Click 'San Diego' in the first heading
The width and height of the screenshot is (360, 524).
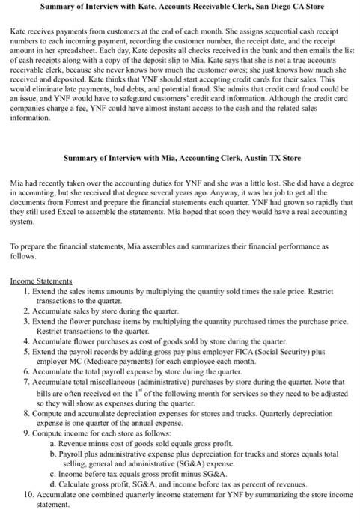pos(267,7)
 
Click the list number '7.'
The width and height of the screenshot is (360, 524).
pos(27,380)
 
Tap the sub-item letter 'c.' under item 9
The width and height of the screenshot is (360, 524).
pos(52,474)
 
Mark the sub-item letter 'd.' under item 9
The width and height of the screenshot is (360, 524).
pos(52,484)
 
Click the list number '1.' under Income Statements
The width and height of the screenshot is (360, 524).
pos(27,290)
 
